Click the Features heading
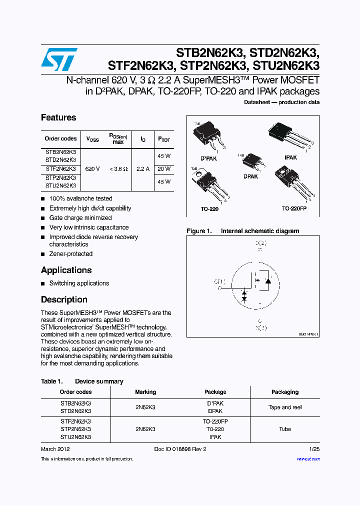[58, 117]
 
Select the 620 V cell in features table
[92, 169]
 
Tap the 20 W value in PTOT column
[164, 169]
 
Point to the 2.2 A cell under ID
[143, 169]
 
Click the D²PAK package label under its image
[208, 158]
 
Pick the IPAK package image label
[290, 157]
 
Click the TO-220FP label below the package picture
[294, 208]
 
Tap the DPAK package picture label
[250, 176]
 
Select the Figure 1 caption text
[243, 231]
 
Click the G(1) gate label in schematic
[219, 281]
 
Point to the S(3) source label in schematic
[261, 328]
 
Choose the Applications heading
[66, 270]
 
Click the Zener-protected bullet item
[70, 254]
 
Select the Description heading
[64, 299]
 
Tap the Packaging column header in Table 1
[285, 392]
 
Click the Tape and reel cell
[285, 407]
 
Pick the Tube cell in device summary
[285, 429]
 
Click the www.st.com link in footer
[308, 458]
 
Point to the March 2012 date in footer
[55, 449]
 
